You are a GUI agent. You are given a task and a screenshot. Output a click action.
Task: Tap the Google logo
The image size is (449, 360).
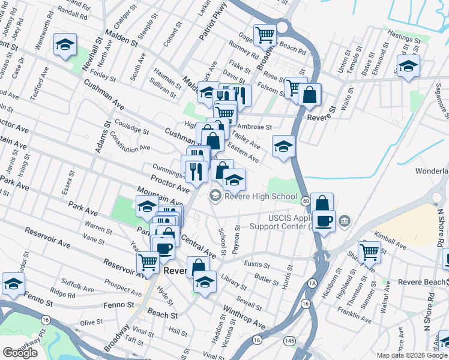[20, 353]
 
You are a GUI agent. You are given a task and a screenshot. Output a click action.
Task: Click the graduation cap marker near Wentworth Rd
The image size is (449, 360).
[65, 44]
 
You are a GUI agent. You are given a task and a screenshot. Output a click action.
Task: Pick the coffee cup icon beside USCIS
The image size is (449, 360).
[324, 220]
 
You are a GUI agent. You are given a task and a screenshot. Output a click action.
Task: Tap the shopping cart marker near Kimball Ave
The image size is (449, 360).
[369, 251]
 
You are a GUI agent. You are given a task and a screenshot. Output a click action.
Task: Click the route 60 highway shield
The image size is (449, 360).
[306, 200]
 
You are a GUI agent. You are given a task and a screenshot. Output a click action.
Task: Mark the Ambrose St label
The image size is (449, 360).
[255, 127]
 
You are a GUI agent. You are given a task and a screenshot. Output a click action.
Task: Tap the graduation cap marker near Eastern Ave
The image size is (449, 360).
[282, 146]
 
